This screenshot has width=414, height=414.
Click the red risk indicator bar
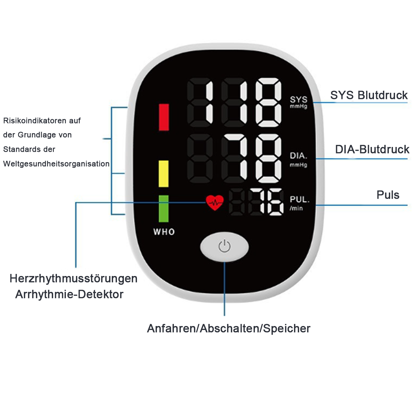tap(164, 117)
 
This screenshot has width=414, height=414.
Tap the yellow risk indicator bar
tap(164, 174)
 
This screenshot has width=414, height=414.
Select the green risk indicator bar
tap(164, 209)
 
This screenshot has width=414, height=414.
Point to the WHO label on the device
tap(164, 232)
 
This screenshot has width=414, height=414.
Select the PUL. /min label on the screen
tap(299, 203)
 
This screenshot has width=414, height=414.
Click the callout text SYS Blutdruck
tap(369, 95)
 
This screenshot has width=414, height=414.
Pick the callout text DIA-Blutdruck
tap(372, 149)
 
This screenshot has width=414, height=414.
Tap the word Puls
tap(388, 195)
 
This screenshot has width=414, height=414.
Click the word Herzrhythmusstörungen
tap(73, 279)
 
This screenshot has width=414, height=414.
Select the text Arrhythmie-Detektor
tap(69, 294)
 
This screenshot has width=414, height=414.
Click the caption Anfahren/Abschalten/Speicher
tap(229, 328)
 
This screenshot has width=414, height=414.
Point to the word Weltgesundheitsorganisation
tap(56, 164)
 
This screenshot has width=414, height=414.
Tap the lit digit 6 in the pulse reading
tap(276, 202)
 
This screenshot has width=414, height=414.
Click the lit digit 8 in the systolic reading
tap(268, 102)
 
